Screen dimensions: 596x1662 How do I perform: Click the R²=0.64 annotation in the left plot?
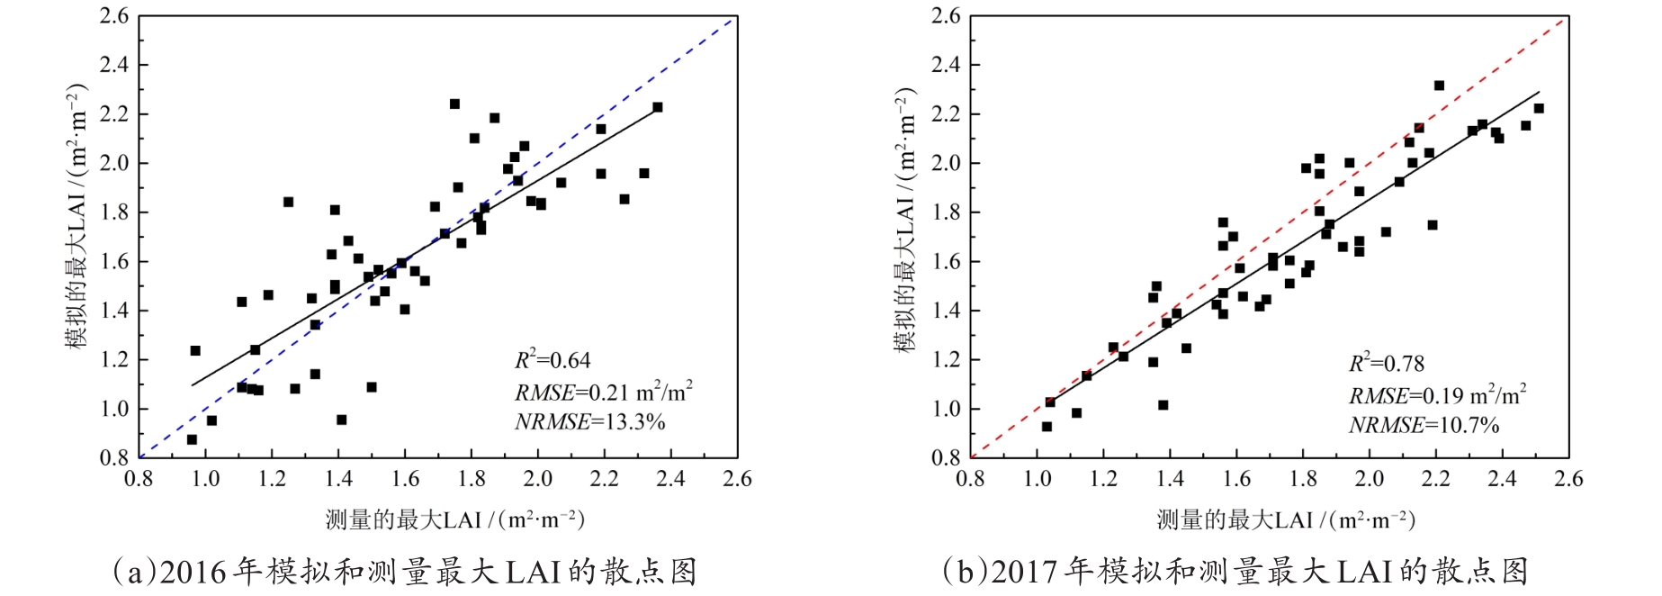pyautogui.click(x=553, y=361)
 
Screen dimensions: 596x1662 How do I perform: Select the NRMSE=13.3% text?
pyautogui.click(x=589, y=421)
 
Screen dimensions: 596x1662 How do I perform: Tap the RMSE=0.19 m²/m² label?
pyautogui.click(x=1437, y=395)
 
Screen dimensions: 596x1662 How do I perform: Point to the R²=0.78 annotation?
pyautogui.click(x=1386, y=364)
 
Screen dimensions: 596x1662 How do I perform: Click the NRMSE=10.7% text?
pyautogui.click(x=1424, y=425)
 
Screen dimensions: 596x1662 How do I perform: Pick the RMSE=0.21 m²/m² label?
pyautogui.click(x=603, y=392)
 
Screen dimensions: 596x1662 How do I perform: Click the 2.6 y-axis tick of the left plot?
pyautogui.click(x=114, y=16)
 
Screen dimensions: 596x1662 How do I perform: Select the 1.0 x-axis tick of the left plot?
pyautogui.click(x=205, y=479)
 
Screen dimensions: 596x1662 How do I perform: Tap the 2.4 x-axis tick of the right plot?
pyautogui.click(x=1502, y=479)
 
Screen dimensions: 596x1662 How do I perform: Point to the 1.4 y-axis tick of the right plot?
pyautogui.click(x=946, y=311)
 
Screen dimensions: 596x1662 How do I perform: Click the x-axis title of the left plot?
pyautogui.click(x=454, y=520)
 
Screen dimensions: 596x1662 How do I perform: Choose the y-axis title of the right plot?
pyautogui.click(x=905, y=221)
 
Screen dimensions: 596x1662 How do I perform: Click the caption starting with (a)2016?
pyautogui.click(x=404, y=573)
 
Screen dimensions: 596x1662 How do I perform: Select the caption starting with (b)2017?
pyautogui.click(x=1235, y=573)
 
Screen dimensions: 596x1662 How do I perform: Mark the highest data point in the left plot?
pyautogui.click(x=454, y=104)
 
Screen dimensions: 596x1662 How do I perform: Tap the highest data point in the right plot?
pyautogui.click(x=1439, y=86)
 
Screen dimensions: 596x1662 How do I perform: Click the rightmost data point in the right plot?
pyautogui.click(x=1539, y=108)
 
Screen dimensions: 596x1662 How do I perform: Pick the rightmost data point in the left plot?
pyautogui.click(x=658, y=107)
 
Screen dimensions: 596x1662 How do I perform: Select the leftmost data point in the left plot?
pyautogui.click(x=192, y=439)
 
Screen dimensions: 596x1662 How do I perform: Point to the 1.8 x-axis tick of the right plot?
pyautogui.click(x=1303, y=479)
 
